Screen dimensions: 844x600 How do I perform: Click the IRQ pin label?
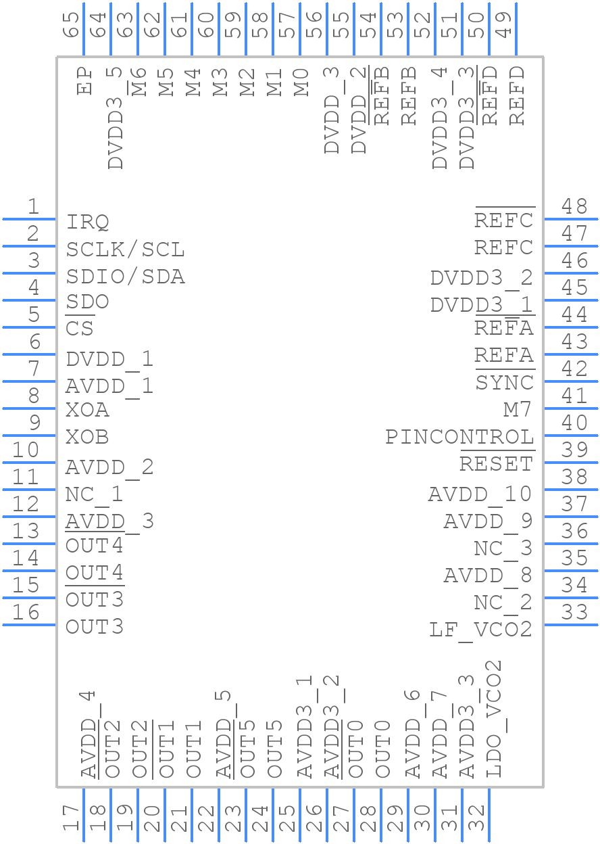pyautogui.click(x=88, y=222)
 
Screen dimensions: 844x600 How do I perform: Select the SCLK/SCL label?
pyautogui.click(x=125, y=250)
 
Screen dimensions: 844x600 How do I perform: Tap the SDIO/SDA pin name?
pyautogui.click(x=125, y=277)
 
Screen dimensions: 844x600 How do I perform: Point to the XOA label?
pyautogui.click(x=88, y=410)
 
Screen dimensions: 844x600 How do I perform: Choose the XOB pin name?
pyautogui.click(x=88, y=437)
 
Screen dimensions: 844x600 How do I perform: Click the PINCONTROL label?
pyautogui.click(x=459, y=437)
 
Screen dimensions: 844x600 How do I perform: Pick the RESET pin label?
pyautogui.click(x=497, y=464)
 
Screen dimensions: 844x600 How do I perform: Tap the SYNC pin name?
pyautogui.click(x=505, y=383)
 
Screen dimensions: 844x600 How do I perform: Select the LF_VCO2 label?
pyautogui.click(x=481, y=630)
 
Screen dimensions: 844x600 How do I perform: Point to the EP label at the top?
pyautogui.click(x=84, y=80)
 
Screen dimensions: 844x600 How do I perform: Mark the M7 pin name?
pyautogui.click(x=518, y=410)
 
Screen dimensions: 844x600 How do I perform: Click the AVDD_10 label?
pyautogui.click(x=480, y=494)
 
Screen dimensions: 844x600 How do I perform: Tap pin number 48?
pyautogui.click(x=574, y=206)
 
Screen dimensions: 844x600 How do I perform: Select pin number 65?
pyautogui.click(x=71, y=26)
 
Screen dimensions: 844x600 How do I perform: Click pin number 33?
pyautogui.click(x=574, y=612)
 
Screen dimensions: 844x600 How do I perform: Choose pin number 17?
pyautogui.click(x=71, y=818)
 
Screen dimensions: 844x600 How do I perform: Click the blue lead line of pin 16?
pyautogui.click(x=29, y=625)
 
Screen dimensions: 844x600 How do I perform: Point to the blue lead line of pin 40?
pyautogui.click(x=571, y=436)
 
